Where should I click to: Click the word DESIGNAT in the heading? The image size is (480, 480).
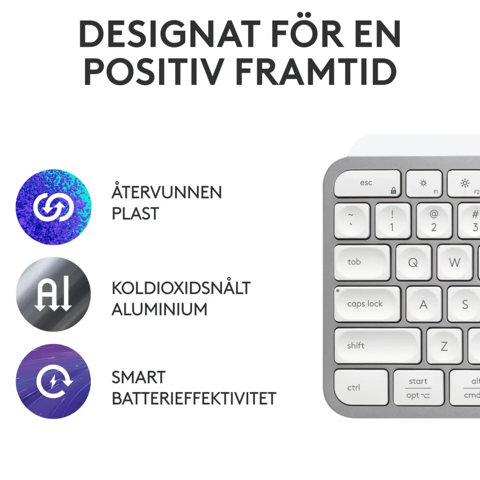coord(169,34)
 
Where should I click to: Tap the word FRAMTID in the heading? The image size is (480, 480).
coord(316,72)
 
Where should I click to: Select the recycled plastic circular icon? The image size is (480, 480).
coord(53,207)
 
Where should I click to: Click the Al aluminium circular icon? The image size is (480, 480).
coord(53,294)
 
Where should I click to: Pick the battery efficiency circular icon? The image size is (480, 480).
coord(53,382)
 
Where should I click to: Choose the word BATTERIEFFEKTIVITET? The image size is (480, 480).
coord(194,398)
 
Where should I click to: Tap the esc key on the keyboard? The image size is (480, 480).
coord(367,184)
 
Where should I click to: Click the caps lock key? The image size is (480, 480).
coord(367,304)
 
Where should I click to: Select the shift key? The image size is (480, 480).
coord(378,346)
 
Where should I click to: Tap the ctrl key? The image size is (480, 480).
coord(361,387)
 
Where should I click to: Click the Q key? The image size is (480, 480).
coord(413,263)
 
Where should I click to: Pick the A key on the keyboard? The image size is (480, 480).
coord(424,304)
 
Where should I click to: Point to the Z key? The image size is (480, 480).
coord(445,346)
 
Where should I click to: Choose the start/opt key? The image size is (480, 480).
coord(418,387)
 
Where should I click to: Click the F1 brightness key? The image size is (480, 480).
coord(424,184)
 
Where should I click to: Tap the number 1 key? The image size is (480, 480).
coord(393,221)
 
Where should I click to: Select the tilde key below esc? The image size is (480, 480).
coord(352,221)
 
